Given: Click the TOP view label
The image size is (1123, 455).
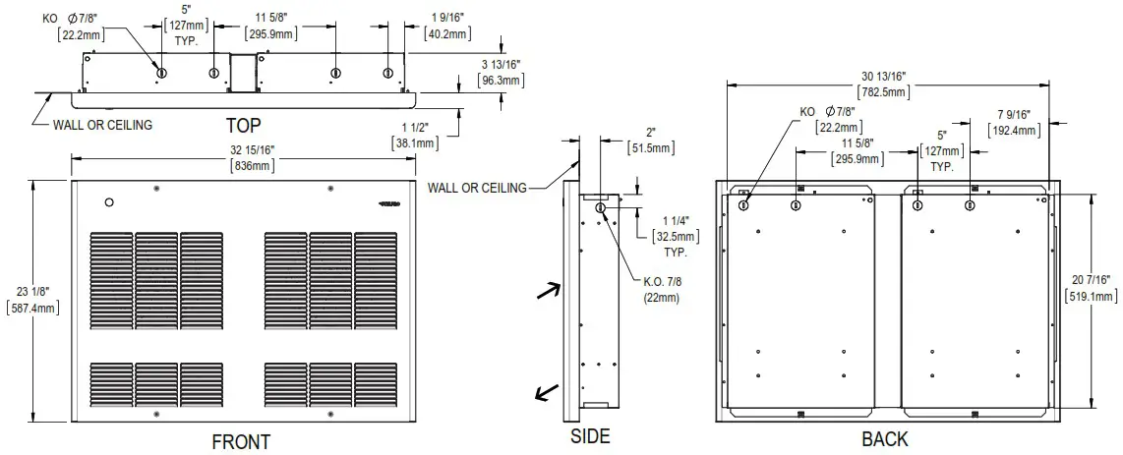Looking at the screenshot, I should [x=245, y=126].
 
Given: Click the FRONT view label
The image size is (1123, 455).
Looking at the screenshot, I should [x=241, y=442].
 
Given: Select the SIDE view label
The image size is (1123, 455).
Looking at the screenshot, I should [x=590, y=436].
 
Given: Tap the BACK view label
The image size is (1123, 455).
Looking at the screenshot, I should [x=885, y=439].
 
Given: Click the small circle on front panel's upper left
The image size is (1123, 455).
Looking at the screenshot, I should [x=110, y=202].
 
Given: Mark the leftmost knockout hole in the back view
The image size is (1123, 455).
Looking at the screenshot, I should [x=744, y=204].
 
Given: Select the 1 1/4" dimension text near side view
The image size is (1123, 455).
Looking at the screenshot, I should [x=677, y=222].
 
